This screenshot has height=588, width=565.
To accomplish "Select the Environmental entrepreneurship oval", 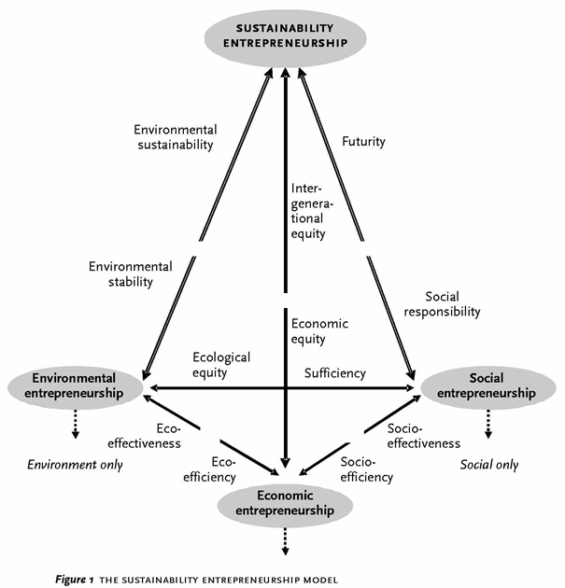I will (75, 385).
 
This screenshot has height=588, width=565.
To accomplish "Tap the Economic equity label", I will (318, 330).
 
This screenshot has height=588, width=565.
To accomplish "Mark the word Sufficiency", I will (335, 373).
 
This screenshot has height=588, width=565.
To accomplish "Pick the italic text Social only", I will (489, 464).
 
